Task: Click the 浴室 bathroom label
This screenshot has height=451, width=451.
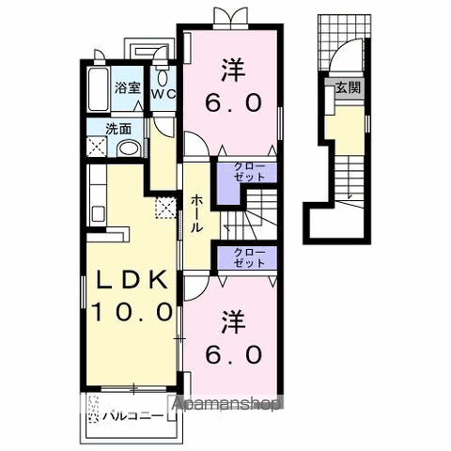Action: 127,87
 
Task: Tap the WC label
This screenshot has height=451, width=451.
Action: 163,94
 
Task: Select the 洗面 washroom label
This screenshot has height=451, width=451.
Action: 118,129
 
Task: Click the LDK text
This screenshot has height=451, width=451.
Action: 132,280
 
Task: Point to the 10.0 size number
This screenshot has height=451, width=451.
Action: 132,312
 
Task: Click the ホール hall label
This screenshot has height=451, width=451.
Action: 196,213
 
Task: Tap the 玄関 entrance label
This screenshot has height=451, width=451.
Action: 349,87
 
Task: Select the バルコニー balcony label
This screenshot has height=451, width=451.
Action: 133,416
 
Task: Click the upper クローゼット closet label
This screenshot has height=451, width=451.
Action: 250,172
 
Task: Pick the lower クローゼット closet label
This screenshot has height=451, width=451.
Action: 250,257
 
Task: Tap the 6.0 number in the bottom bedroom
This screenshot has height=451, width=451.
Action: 233,355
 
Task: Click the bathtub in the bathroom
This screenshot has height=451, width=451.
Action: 99,89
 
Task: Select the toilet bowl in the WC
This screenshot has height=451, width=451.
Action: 162,78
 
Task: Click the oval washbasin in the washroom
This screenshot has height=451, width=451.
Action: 129,148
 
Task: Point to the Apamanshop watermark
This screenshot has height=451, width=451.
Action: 225,404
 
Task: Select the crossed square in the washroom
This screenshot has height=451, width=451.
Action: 97,147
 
